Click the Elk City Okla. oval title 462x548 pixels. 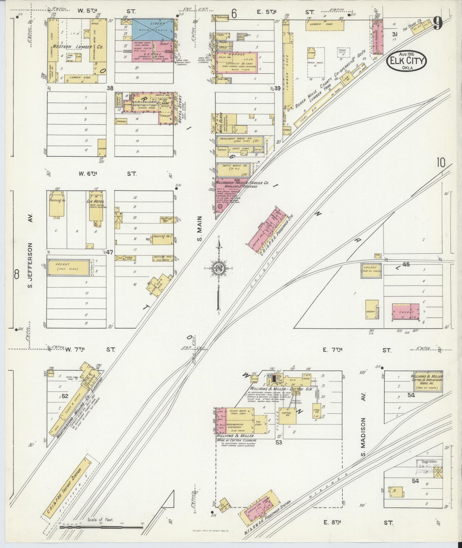pos(407,61)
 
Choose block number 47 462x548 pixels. pos(110,252)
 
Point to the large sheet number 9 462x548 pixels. pos(438,23)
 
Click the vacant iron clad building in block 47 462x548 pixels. pos(68,267)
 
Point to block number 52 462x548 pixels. pos(65,396)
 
